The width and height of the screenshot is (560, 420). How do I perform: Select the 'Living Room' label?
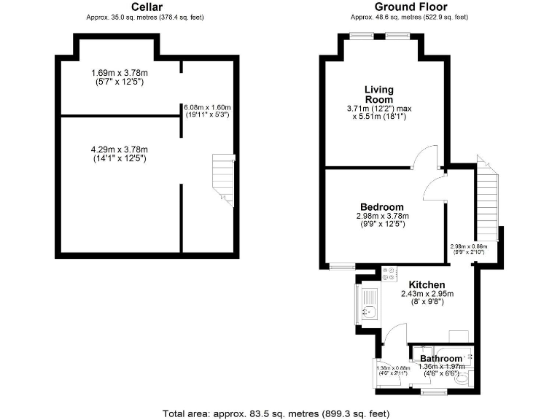pyautogui.click(x=379, y=94)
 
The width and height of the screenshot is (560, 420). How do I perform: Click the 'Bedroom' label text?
pyautogui.click(x=381, y=206)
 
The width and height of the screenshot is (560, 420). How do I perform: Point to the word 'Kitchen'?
pyautogui.click(x=427, y=284)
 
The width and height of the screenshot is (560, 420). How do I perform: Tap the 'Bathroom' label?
pyautogui.click(x=440, y=359)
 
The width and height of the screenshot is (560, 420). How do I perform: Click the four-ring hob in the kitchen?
pyautogui.click(x=388, y=275)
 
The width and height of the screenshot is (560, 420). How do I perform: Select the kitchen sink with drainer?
pyautogui.click(x=368, y=304)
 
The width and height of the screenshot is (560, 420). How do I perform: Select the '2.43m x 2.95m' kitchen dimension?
pyautogui.click(x=427, y=295)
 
